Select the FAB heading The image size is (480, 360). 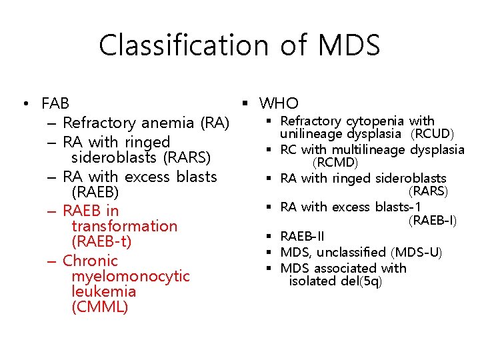pos(55,104)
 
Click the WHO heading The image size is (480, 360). pos(279,103)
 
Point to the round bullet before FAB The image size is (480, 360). pos(24,104)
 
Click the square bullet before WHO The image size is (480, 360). pos(245,103)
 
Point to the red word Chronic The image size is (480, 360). pos(90,261)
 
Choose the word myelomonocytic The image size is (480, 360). pos(127,276)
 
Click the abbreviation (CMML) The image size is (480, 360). pos(99,307)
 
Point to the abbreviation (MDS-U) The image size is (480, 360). pos(420,252)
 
